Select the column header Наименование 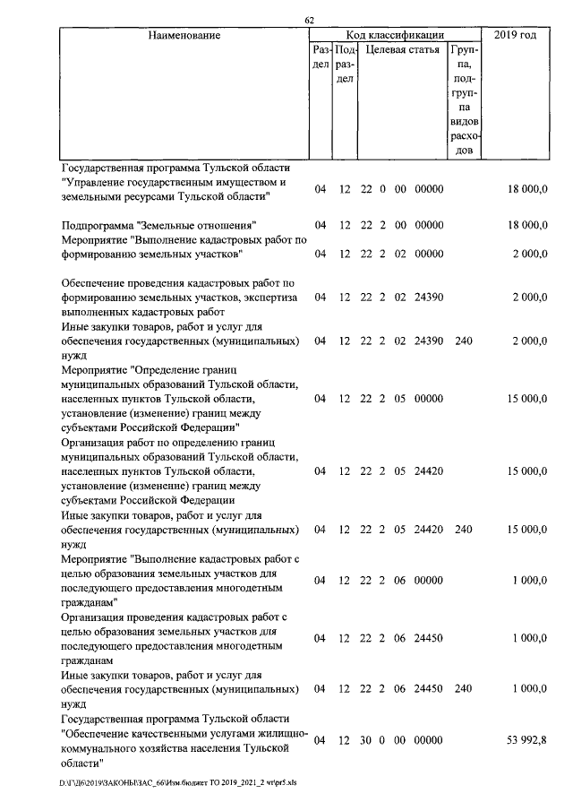click(184, 35)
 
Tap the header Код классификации click(395, 35)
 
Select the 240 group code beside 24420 click(463, 530)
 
